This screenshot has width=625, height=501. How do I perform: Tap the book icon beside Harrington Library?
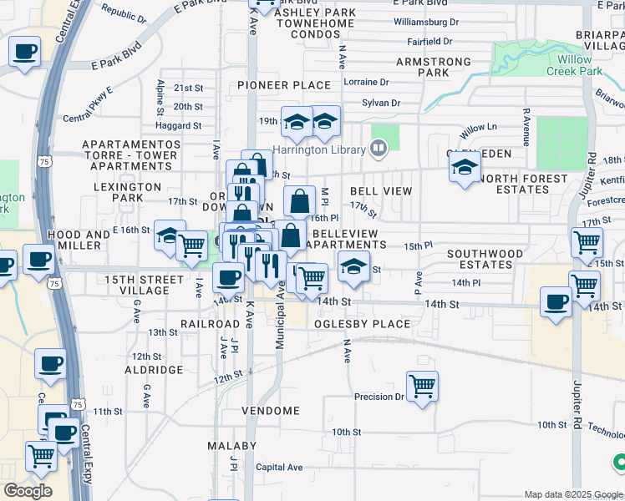click(379, 149)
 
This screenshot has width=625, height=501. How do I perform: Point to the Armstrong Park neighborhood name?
click(434, 68)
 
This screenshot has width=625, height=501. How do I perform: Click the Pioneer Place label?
click(284, 85)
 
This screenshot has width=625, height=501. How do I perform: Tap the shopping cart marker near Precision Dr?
click(423, 386)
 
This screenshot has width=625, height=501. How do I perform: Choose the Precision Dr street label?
click(379, 397)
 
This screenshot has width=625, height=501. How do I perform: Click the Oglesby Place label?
click(363, 324)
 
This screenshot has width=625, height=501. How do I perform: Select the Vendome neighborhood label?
click(271, 411)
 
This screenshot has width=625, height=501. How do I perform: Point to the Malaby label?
click(232, 446)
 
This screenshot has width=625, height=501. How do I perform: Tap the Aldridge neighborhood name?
click(154, 369)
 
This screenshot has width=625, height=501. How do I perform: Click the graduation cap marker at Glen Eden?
click(464, 168)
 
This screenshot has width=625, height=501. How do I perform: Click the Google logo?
click(28, 491)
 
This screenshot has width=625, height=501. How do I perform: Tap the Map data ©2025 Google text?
click(572, 494)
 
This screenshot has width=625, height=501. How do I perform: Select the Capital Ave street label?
click(279, 468)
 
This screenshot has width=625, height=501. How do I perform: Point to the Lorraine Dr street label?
click(366, 83)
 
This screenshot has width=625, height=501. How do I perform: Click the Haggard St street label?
click(180, 126)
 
